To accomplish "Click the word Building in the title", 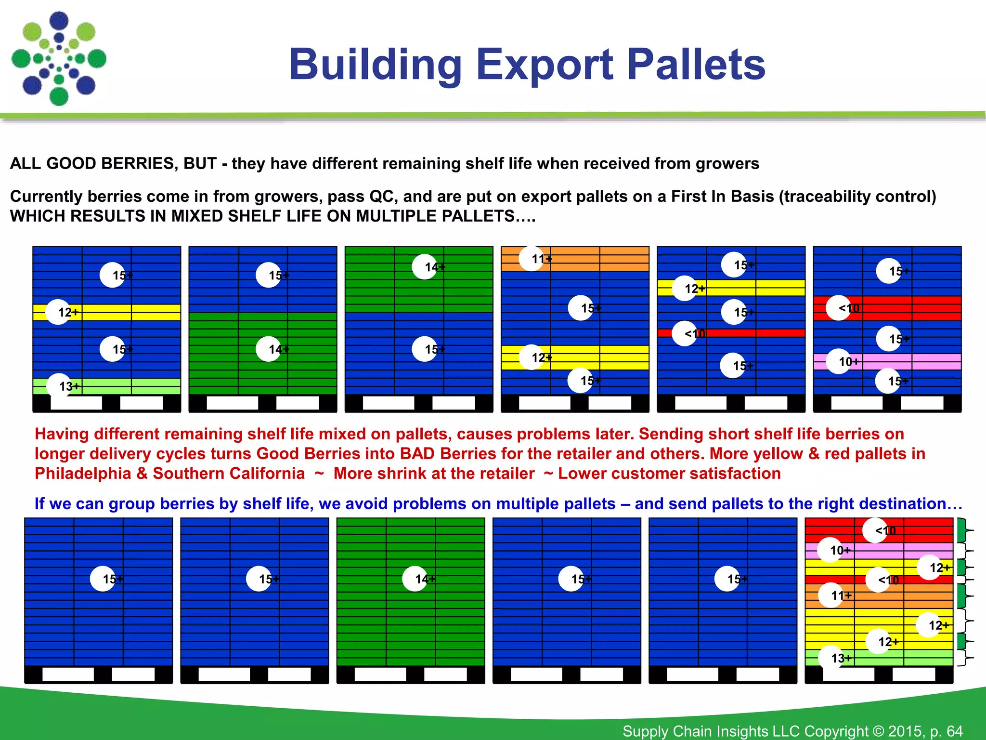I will click(375, 65).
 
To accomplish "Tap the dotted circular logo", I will click(59, 59).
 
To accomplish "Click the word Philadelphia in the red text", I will click(83, 474).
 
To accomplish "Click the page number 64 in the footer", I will click(954, 731).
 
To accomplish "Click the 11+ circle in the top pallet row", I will click(532, 259).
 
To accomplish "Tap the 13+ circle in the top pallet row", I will click(59, 386).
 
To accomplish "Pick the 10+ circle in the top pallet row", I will click(839, 362).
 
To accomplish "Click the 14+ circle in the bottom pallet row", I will click(415, 579).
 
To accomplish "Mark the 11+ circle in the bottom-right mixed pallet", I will click(831, 595).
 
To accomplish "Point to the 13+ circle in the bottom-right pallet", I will click(831, 658).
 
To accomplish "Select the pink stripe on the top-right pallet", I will click(915, 362).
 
